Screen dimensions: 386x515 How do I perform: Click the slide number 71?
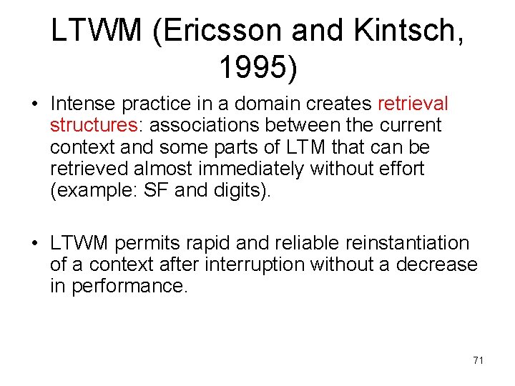click(x=478, y=360)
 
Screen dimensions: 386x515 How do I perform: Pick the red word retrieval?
click(x=413, y=104)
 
